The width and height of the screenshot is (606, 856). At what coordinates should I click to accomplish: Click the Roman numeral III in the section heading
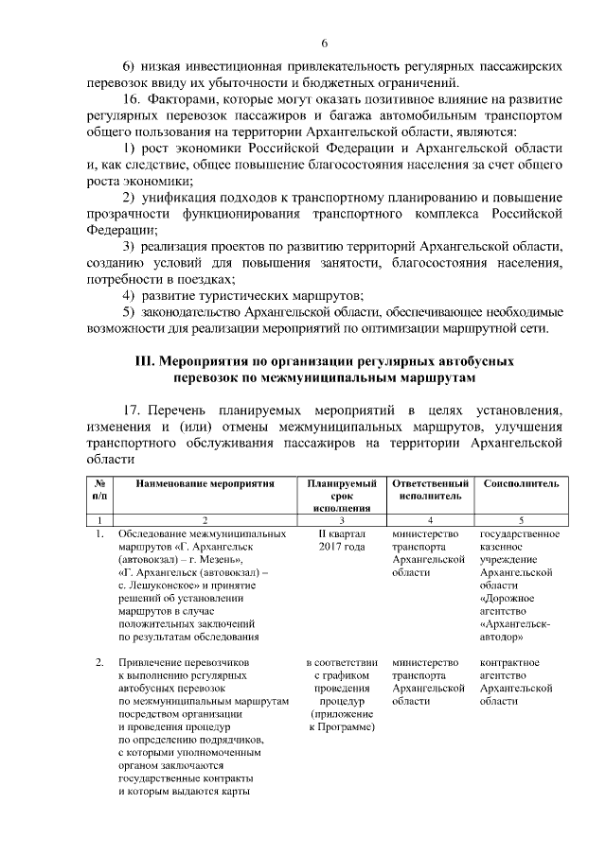pos(145,361)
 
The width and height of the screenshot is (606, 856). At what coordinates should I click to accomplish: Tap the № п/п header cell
pos(98,489)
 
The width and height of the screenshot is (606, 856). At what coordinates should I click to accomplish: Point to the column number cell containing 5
pos(521,520)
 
